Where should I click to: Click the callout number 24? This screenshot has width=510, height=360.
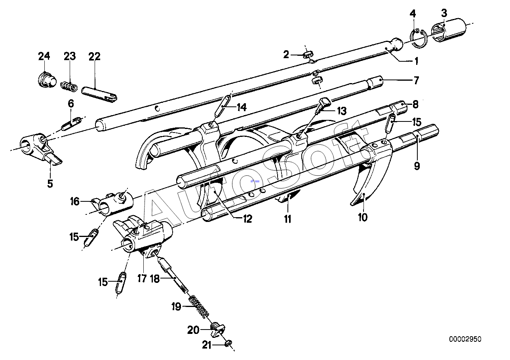point(44,56)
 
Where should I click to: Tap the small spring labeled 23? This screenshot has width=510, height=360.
point(69,85)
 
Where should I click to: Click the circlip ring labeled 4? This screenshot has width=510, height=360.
point(419,39)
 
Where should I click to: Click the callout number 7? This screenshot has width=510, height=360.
point(416,81)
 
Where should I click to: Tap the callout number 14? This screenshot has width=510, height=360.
point(241,107)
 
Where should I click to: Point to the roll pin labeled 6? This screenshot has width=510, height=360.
point(72,123)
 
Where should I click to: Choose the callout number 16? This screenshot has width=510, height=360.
point(75,202)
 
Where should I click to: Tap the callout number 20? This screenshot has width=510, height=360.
point(193,330)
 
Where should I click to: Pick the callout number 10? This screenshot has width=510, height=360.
point(362,217)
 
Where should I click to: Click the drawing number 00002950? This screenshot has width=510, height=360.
point(466,339)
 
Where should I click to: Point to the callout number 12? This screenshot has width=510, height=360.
point(247,219)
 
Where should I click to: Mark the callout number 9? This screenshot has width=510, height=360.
point(417,166)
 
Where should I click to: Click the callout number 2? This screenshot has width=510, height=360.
point(286,55)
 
